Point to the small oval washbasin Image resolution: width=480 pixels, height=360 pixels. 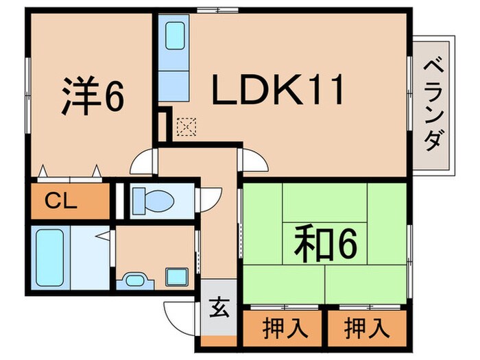point(134,280)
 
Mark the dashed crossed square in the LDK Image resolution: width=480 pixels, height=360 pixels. point(186,126)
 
